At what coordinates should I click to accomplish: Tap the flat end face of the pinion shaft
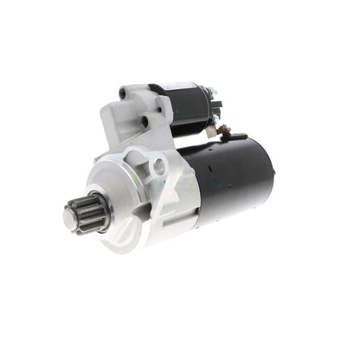pyautogui.click(x=70, y=220)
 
